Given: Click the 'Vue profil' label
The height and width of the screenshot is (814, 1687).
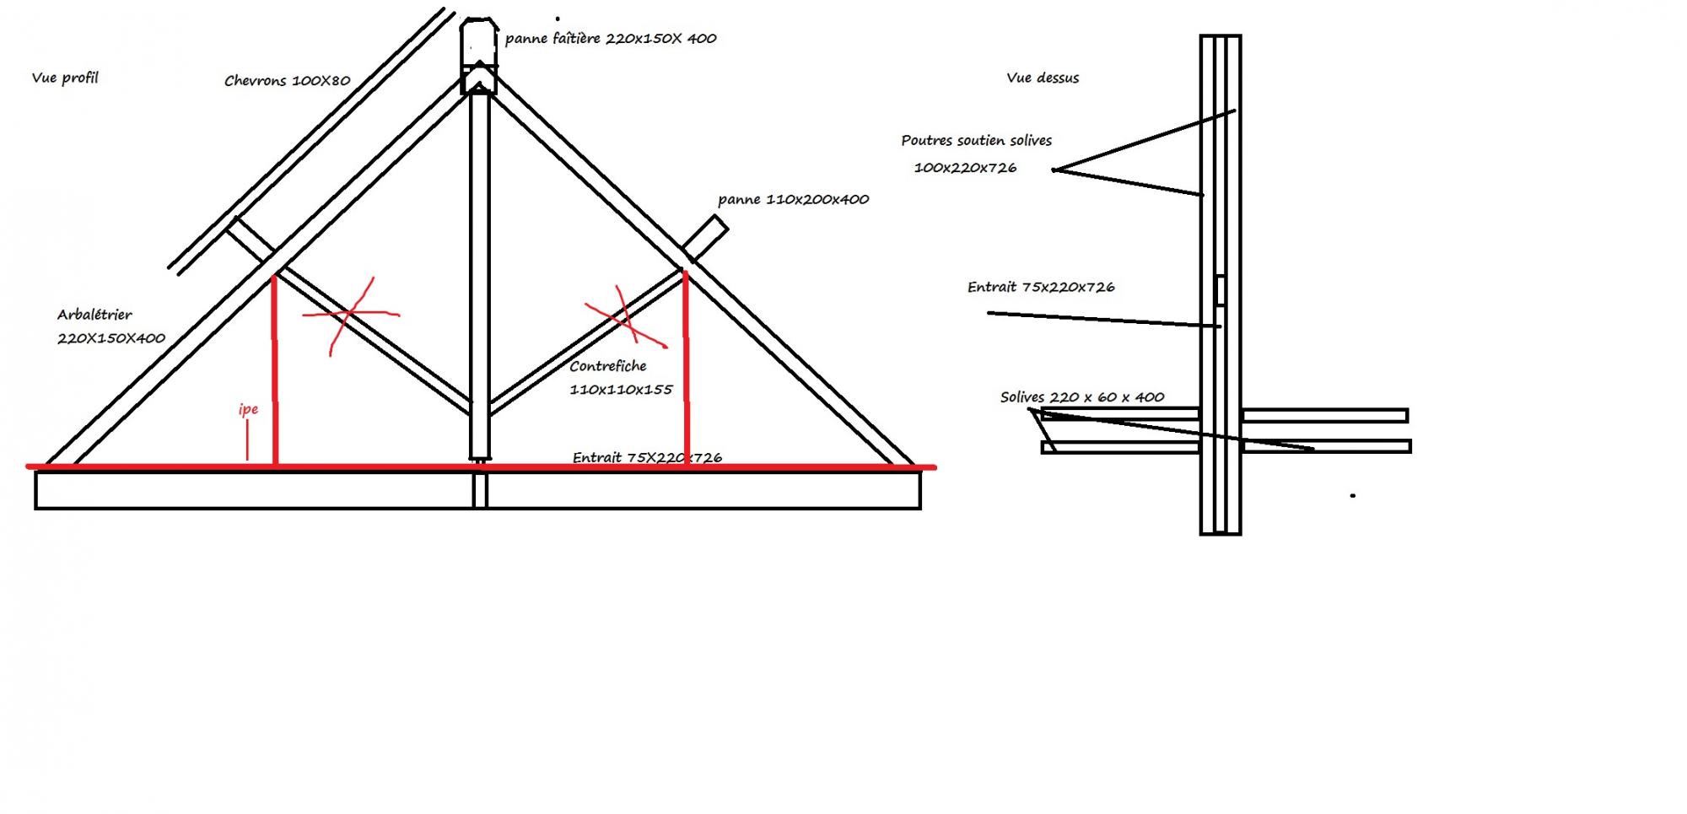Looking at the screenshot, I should (x=65, y=78).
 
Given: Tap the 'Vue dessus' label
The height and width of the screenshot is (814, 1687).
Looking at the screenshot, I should (x=1043, y=78).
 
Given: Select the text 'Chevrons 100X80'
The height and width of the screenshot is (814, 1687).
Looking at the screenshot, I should (x=287, y=81).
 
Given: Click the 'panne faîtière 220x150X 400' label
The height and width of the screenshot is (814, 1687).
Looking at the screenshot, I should (x=611, y=39).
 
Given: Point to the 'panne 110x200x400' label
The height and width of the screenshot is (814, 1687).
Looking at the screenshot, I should (x=793, y=200).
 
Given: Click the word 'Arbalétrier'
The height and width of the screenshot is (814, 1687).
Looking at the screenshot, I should (x=94, y=315).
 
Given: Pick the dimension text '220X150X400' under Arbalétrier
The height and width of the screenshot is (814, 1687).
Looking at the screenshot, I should (x=111, y=338).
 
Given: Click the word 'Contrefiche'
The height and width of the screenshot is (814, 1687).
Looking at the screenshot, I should (x=607, y=366).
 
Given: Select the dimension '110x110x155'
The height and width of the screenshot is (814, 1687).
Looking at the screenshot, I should (x=621, y=390).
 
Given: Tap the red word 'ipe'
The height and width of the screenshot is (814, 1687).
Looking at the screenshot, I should (x=248, y=410).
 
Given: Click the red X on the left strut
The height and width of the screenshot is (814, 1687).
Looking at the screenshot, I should (x=350, y=315).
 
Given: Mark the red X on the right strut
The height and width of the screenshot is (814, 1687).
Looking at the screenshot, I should (x=625, y=319).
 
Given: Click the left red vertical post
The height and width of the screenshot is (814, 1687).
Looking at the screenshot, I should (x=275, y=371).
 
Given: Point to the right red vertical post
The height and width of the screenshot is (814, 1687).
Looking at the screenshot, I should (x=687, y=371).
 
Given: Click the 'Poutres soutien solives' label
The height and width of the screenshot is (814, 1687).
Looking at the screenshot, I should (x=976, y=141).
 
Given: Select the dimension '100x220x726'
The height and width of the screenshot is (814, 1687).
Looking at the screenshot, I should (x=965, y=168).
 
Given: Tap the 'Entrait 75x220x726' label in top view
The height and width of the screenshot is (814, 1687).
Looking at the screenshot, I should (x=1041, y=288).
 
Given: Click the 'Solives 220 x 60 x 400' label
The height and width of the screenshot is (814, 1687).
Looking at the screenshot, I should (x=1082, y=397).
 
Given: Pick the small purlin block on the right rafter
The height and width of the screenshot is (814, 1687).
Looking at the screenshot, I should (x=705, y=237).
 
